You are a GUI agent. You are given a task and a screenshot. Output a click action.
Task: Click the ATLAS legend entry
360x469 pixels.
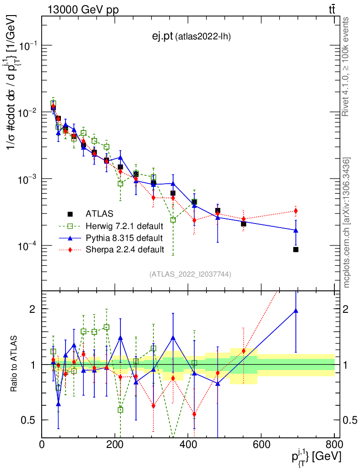(x=99, y=213)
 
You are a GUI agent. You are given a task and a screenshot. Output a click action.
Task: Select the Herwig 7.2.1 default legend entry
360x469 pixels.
(x=124, y=226)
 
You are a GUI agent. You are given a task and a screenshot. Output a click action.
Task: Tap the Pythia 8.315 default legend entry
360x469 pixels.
(x=124, y=238)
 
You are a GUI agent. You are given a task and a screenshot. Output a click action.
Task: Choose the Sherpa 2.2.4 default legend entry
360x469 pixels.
(x=124, y=250)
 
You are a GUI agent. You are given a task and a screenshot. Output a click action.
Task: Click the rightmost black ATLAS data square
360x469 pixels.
(x=296, y=250)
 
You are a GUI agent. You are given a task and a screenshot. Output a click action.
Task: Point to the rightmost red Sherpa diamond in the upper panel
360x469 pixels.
(x=296, y=211)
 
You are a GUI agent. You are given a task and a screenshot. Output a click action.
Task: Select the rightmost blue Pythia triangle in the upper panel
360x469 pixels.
(x=296, y=230)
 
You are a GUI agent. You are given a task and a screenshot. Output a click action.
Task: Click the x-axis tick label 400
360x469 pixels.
(x=188, y=444)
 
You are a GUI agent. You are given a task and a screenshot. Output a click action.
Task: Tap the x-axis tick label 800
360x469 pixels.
(x=333, y=444)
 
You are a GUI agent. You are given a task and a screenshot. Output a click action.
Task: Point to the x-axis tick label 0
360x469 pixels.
(x=42, y=444)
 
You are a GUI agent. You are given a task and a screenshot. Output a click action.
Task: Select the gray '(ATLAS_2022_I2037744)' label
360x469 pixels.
(x=190, y=274)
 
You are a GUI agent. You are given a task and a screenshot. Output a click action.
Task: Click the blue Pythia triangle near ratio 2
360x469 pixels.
(x=296, y=311)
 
